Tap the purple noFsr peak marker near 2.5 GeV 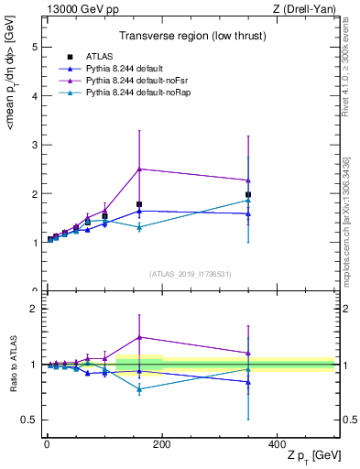(x=139, y=169)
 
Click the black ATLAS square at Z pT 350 (x=248, y=194)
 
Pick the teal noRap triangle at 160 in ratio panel (x=139, y=389)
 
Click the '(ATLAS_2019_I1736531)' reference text (x=189, y=273)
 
